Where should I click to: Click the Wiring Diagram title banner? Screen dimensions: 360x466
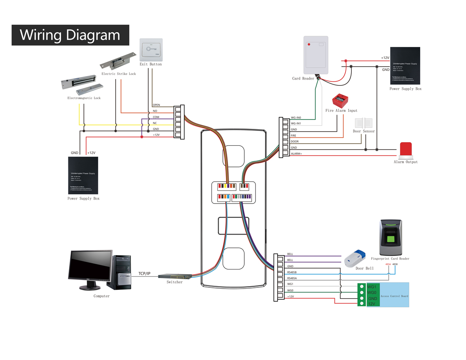point(70,35)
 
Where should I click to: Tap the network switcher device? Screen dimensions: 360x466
point(175,277)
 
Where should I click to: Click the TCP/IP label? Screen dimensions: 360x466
point(144,274)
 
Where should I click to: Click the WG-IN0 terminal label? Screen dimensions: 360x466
point(296,118)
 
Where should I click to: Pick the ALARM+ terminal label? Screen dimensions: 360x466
point(296,154)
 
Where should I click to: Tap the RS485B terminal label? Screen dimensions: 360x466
point(292,272)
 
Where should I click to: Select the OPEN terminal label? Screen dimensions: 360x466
point(156,105)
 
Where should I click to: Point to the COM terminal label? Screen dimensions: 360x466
point(156,117)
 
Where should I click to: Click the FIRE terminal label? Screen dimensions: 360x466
point(294,136)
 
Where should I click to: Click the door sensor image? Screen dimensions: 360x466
point(363,123)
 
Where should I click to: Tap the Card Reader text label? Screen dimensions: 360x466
point(303,78)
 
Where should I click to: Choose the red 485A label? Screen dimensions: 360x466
point(388,264)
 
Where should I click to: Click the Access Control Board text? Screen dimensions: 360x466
point(394,296)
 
